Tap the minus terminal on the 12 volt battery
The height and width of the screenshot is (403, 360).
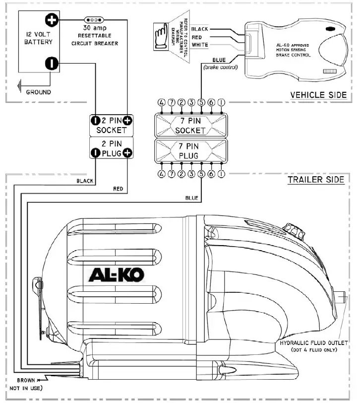click(52, 64)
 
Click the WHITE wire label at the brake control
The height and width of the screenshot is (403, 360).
click(199, 45)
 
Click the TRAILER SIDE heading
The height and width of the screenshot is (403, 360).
click(316, 179)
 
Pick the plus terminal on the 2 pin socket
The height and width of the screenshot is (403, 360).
click(128, 120)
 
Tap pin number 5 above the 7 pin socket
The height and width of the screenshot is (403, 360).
click(201, 102)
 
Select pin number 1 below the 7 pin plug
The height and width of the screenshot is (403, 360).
click(221, 174)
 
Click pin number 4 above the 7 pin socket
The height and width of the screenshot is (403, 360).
click(161, 102)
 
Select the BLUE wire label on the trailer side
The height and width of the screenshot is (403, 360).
click(191, 198)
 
